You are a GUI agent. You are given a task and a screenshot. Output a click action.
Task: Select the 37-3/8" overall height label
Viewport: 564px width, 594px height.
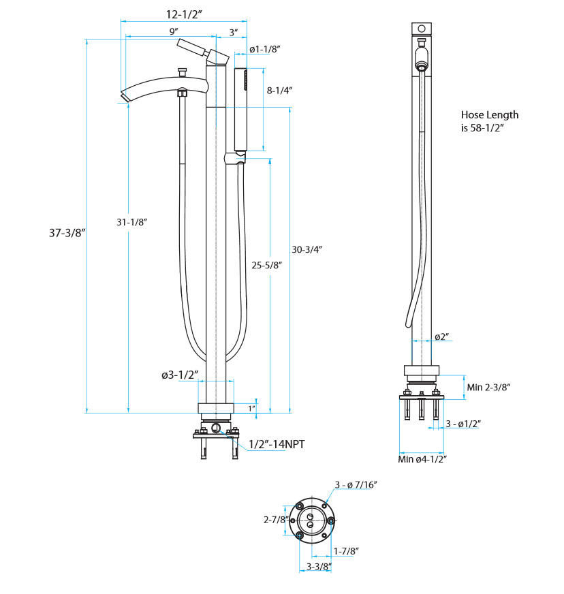[x=66, y=232]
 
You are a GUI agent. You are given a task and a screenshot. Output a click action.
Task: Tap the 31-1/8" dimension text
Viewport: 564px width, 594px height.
[x=132, y=222]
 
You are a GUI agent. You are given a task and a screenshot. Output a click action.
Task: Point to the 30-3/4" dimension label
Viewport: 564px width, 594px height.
[x=307, y=249]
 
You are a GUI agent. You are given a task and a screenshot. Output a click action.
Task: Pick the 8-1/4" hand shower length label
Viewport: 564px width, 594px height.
[x=279, y=90]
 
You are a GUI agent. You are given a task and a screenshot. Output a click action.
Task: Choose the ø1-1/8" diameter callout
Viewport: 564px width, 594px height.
[x=265, y=49]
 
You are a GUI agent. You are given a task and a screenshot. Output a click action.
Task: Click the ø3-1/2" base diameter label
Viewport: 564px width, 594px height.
[x=180, y=375]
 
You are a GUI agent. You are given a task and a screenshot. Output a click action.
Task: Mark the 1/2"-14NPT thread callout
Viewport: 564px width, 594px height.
[x=277, y=444]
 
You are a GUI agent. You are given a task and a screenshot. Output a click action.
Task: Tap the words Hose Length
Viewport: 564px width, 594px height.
[x=489, y=114]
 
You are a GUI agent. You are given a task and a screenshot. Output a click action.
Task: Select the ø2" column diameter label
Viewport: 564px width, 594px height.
[x=441, y=337]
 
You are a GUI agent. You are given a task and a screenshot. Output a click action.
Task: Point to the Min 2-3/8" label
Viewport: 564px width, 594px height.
[x=488, y=387]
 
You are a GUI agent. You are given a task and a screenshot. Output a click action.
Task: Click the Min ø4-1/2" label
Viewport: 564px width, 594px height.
[x=422, y=459]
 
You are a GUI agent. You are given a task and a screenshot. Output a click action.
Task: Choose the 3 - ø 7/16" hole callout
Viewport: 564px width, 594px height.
[x=356, y=484]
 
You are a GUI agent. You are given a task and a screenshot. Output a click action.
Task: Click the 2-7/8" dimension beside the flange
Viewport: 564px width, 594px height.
[x=275, y=519]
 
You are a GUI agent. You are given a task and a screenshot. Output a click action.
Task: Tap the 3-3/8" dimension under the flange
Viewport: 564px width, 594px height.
[x=318, y=567]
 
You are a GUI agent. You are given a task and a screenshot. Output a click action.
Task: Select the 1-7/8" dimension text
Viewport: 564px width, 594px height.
[x=346, y=550]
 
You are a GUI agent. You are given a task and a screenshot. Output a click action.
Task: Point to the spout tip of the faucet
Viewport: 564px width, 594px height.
[x=125, y=96]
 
